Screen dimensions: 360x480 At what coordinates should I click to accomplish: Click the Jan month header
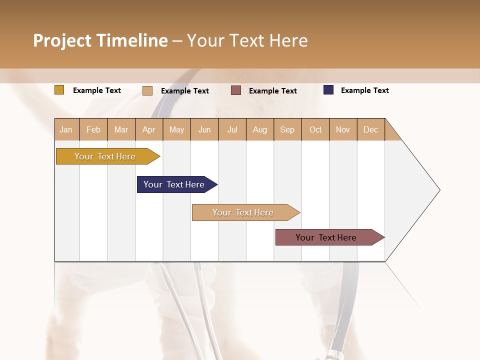click(66, 129)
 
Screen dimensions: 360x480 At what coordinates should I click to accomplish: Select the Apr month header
click(149, 129)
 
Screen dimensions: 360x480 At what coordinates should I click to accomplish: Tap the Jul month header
click(232, 129)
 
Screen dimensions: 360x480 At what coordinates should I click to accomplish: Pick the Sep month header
click(287, 129)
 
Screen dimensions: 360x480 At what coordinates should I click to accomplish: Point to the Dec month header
click(370, 129)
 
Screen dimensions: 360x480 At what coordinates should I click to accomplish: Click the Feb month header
click(93, 129)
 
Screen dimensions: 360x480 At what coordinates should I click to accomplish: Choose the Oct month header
click(315, 129)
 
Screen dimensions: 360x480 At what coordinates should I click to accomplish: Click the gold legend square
click(59, 90)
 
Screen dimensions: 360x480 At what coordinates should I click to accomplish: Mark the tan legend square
click(147, 90)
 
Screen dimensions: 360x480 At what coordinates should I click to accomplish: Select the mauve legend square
click(235, 90)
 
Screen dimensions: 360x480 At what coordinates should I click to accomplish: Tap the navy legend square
click(328, 90)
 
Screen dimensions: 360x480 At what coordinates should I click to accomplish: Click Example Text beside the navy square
click(364, 90)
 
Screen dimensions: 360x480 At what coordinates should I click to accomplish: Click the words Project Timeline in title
click(100, 40)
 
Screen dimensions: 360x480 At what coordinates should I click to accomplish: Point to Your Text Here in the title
click(247, 40)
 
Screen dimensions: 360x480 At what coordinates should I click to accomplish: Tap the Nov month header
click(343, 129)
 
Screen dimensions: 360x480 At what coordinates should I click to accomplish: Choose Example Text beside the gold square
click(97, 90)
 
